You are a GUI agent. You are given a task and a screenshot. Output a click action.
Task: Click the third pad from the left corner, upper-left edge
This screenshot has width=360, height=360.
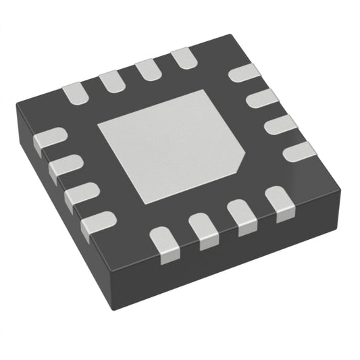pos(147,71)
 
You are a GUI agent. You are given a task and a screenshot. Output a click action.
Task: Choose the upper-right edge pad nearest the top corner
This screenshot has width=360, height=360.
pos(244,73)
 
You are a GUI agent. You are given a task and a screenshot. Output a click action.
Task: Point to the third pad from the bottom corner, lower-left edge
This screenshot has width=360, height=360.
pos(65,166)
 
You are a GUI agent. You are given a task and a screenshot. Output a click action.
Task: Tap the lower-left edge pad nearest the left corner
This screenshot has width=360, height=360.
pos(49,140)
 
